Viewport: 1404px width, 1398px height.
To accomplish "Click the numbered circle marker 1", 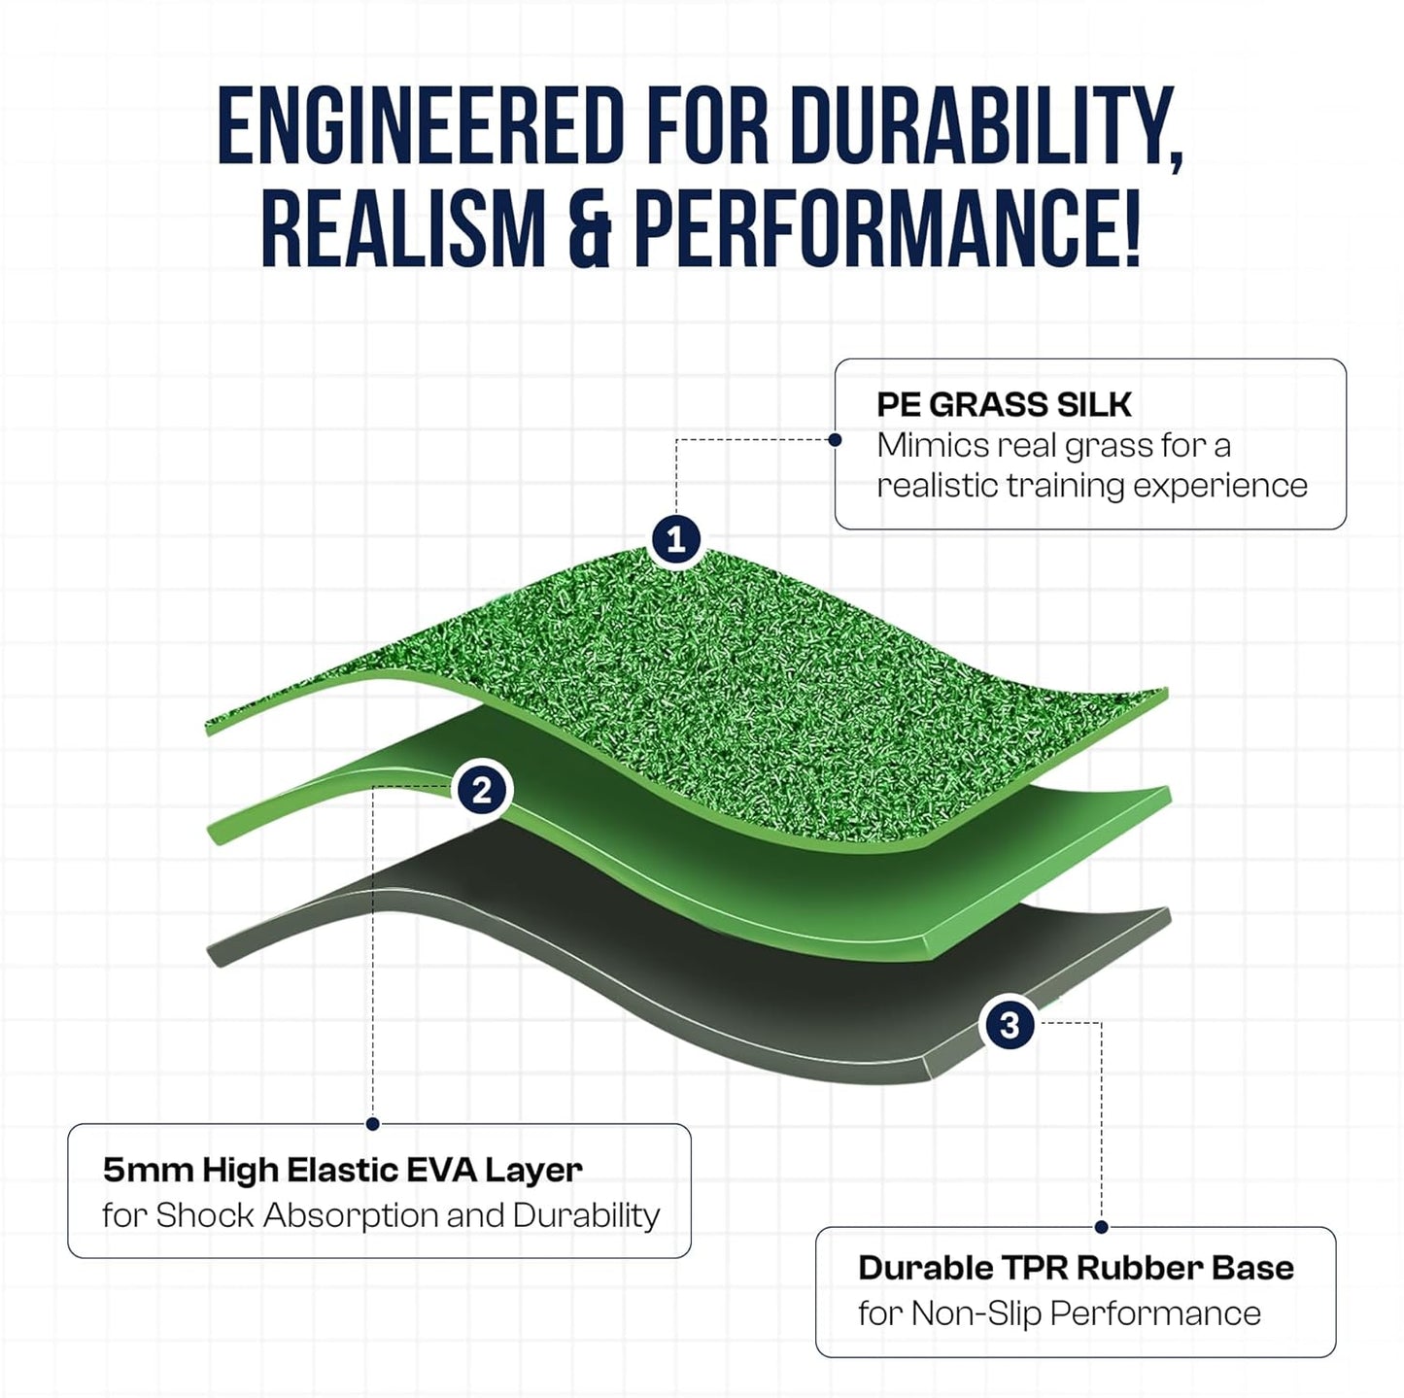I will point(676,539).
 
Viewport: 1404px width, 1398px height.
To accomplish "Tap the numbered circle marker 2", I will point(482,791).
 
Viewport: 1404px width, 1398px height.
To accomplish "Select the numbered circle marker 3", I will point(1010,1025).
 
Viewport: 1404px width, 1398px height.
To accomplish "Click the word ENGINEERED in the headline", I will point(419,126).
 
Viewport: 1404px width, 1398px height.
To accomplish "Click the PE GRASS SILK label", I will point(1004,404).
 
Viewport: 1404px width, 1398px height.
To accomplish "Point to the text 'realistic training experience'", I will point(1091,485).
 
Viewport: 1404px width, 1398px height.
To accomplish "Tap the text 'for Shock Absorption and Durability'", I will point(381,1215).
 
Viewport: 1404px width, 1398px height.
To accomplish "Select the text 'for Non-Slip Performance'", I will point(1059,1313).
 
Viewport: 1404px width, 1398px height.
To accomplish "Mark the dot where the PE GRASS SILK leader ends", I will point(835,440).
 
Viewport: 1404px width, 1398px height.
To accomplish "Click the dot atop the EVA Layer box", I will point(372,1124).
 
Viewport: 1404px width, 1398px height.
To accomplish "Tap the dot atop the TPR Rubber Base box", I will point(1101,1227).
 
